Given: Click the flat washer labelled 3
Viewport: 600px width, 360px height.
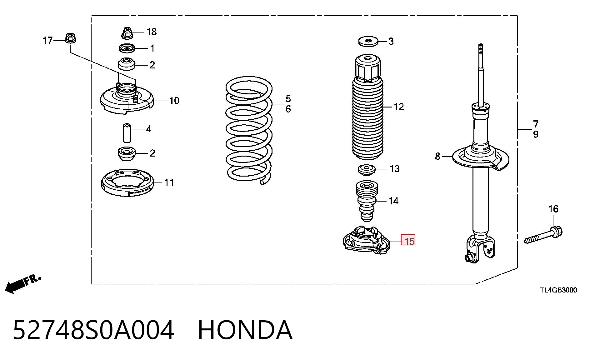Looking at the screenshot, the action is click(368, 41).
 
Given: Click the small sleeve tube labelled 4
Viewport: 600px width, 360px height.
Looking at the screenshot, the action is click(127, 133).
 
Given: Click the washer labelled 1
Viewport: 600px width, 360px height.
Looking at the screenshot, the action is click(127, 48).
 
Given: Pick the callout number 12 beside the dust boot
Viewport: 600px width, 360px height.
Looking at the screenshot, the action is click(399, 107).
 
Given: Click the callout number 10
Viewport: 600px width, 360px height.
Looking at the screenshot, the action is click(174, 101).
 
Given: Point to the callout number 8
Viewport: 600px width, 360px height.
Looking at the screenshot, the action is click(437, 156).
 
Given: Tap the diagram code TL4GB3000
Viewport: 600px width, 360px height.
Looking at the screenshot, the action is click(558, 290).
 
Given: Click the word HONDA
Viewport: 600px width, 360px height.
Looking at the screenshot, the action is click(245, 330).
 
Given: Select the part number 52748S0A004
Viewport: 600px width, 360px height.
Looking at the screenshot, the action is click(93, 330).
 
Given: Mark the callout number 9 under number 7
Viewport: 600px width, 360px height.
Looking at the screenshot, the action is click(536, 134).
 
